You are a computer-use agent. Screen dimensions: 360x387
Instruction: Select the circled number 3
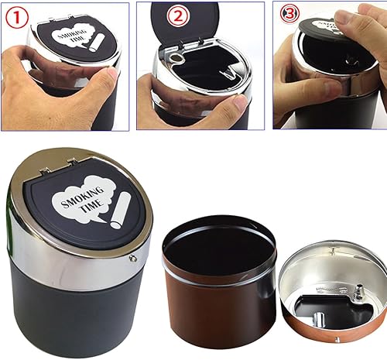click(289, 14)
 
